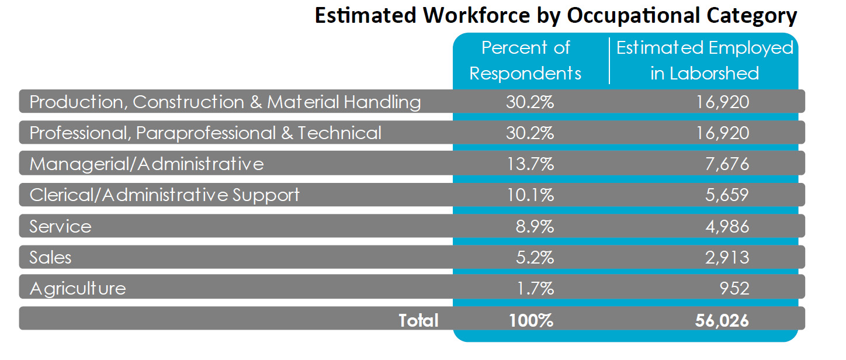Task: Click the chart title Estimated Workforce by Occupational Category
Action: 556,16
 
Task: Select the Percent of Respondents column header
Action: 525,60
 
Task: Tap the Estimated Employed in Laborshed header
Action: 705,60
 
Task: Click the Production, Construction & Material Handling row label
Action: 225,102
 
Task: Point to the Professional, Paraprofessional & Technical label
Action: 205,133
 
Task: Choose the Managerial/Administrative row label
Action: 147,164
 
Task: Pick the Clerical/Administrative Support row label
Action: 164,195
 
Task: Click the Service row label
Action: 60,226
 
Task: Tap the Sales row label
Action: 50,257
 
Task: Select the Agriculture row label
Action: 77,288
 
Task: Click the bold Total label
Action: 418,320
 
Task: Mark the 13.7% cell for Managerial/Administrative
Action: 529,164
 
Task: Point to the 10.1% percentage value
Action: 529,195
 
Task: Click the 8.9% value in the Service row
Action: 534,226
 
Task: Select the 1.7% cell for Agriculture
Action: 534,288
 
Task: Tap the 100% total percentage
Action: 529,320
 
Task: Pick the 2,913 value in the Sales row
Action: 726,257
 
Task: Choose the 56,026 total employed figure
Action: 722,320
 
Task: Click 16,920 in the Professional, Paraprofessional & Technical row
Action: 722,133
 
